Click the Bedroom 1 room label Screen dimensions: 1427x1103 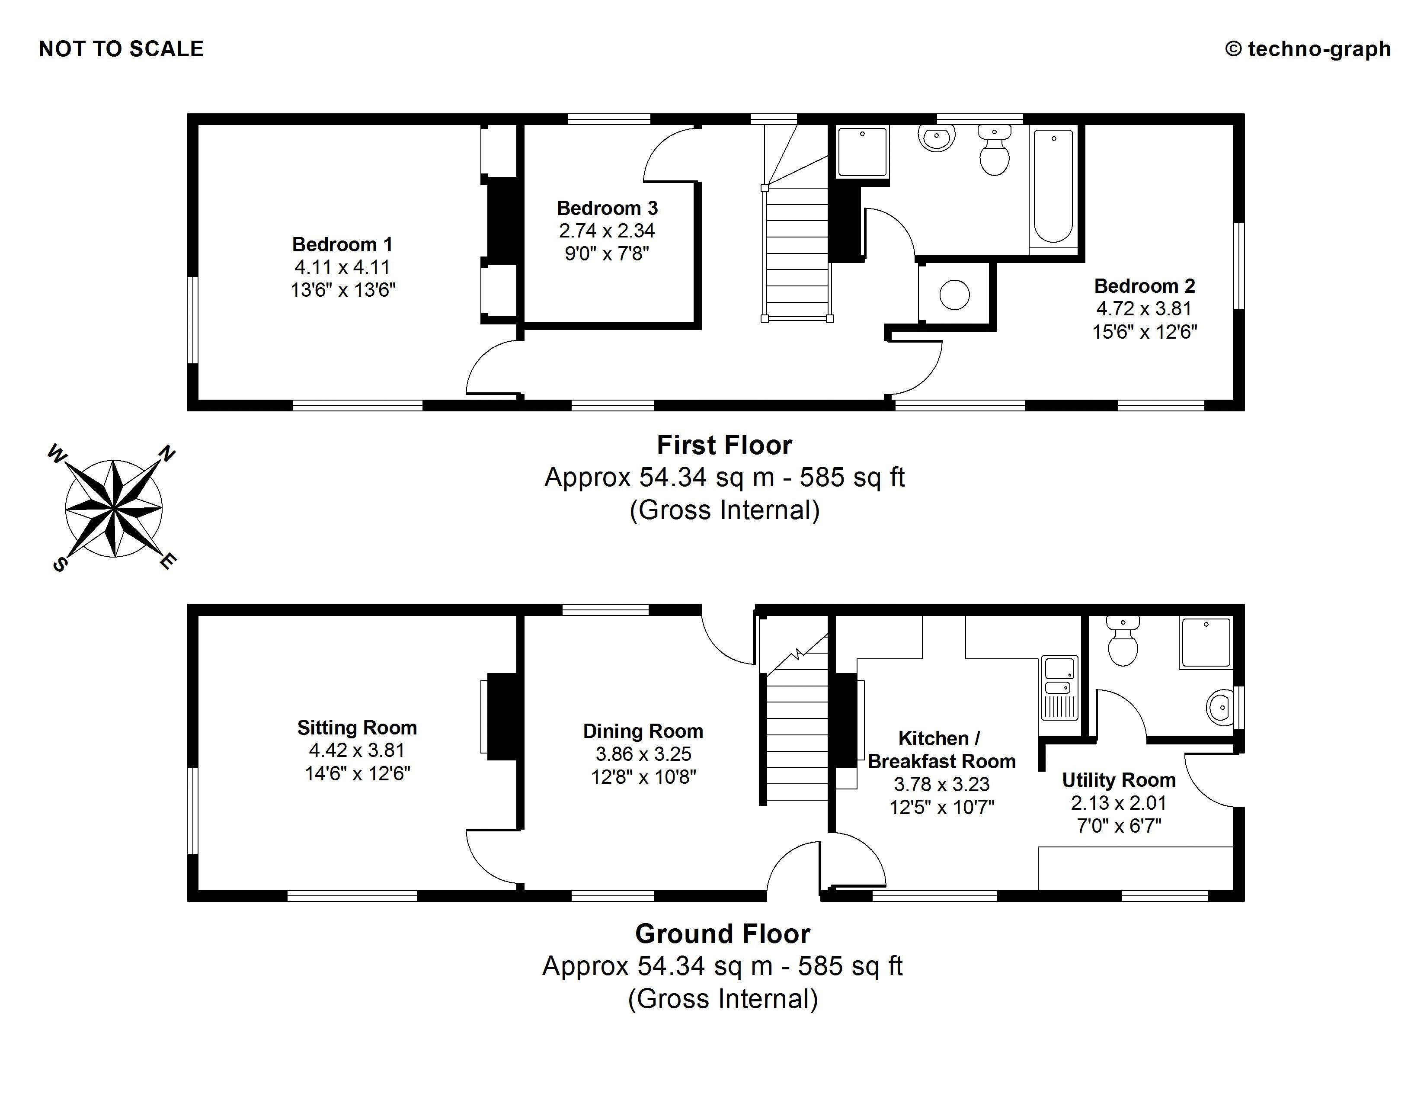(x=342, y=244)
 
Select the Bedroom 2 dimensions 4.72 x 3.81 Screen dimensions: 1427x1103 (x=1144, y=308)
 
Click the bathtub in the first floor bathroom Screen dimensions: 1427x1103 (x=1053, y=186)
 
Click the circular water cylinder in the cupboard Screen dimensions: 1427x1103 (x=955, y=295)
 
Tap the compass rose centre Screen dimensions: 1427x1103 (x=114, y=508)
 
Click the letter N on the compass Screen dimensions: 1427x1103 (x=167, y=453)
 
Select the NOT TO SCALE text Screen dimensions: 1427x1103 (x=122, y=49)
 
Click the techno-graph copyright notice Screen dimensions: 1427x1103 (x=1308, y=49)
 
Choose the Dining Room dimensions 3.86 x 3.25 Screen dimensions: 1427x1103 (x=643, y=754)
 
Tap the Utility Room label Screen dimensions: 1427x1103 (x=1119, y=780)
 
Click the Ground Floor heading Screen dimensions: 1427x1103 (x=723, y=934)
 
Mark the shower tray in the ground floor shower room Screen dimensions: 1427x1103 (x=1206, y=642)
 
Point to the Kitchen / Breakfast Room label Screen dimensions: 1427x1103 (x=941, y=750)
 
